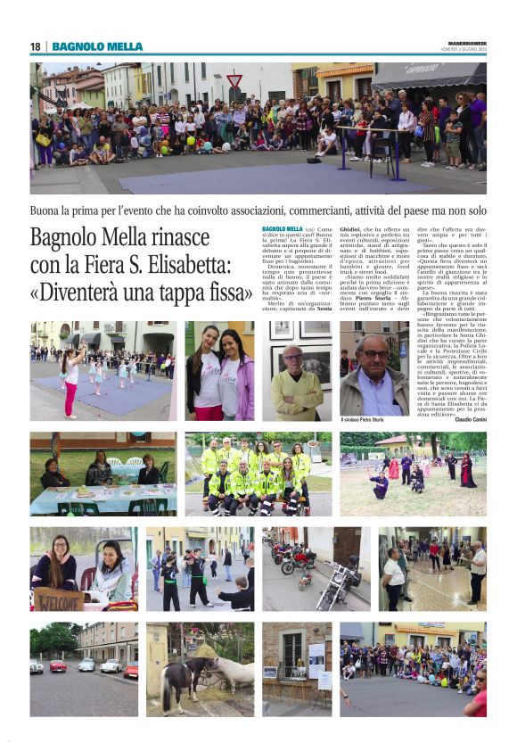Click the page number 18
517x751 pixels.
click(x=35, y=46)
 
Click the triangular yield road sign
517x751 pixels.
click(x=234, y=81)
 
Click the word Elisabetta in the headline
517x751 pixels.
click(x=193, y=265)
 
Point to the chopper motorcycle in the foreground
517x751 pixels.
click(x=332, y=591)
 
